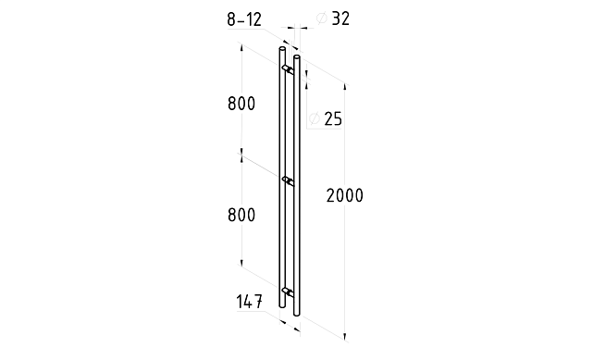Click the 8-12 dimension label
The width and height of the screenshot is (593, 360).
point(244,19)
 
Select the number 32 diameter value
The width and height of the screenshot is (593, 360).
point(340,19)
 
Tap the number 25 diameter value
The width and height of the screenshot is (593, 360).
point(333,118)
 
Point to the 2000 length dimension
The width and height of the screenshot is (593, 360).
point(344,195)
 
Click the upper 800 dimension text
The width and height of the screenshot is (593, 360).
point(241,104)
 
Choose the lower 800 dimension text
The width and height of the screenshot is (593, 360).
point(241,216)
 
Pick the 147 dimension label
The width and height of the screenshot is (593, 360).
point(249,302)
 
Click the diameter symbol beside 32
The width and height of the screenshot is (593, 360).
point(321,18)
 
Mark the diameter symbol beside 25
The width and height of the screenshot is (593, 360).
point(315,118)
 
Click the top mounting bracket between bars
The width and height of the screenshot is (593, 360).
point(289,68)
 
